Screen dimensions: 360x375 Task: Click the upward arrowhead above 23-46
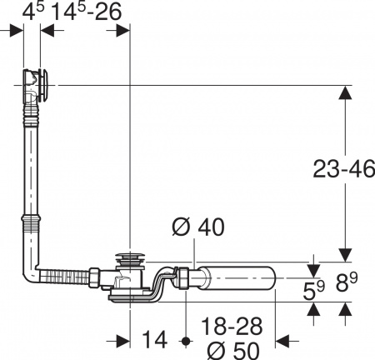coord(343,93)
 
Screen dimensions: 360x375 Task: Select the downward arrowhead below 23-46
coord(343,253)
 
